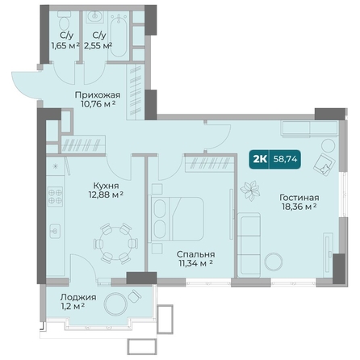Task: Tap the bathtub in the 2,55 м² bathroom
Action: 119,35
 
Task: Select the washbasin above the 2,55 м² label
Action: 94,17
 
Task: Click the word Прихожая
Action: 98,95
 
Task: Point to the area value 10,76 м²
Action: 98,103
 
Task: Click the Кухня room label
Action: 106,186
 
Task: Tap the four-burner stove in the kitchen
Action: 55,196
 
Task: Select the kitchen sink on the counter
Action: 55,231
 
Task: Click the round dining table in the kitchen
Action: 115,243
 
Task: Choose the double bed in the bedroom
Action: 177,219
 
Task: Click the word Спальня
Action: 195,254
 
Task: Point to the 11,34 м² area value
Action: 195,263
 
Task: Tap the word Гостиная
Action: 299,198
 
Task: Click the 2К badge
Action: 260,159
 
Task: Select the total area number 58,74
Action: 285,159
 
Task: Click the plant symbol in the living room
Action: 250,190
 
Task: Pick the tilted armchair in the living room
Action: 324,163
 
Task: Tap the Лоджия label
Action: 78,297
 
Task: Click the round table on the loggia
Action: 115,303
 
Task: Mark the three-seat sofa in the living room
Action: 249,245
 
